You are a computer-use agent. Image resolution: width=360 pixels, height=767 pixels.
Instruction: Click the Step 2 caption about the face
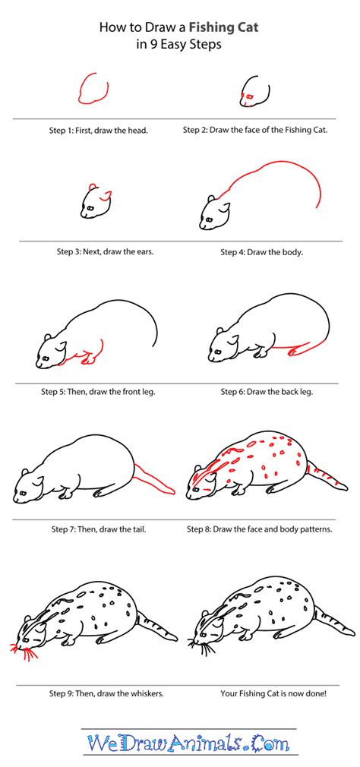255,130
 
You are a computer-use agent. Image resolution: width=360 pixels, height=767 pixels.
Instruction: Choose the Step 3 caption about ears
106,251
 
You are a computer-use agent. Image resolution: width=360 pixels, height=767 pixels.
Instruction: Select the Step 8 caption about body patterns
267,529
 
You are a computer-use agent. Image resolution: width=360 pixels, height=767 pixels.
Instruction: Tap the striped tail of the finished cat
334,623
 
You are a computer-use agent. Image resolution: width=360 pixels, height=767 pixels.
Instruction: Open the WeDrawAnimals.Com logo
180,744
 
